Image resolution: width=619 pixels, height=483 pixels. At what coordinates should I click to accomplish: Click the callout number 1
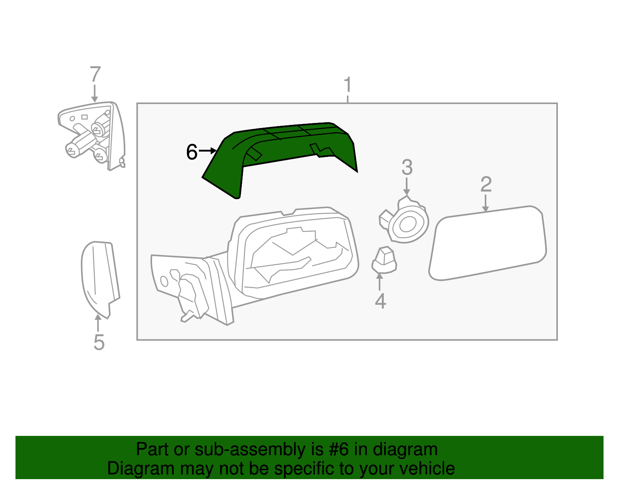point(347,85)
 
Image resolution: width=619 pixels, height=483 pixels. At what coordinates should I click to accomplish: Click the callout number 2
point(486,184)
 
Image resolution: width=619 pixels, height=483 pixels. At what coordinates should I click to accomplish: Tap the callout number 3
point(407,167)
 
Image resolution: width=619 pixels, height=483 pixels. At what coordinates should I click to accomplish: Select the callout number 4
point(380,301)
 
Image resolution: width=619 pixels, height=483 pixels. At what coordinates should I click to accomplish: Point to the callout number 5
point(99,342)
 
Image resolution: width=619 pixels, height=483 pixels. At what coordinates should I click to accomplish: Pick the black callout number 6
point(192,152)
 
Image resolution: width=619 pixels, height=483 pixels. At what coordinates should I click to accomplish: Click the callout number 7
point(95,75)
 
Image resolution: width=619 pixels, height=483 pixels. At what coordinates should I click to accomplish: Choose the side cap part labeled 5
point(99,276)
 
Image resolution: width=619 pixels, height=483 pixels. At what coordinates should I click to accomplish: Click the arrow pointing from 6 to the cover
point(208,150)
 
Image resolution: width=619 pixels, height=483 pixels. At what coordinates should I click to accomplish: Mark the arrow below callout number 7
point(95,94)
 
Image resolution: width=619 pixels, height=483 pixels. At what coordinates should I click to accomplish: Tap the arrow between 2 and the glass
point(486,203)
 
